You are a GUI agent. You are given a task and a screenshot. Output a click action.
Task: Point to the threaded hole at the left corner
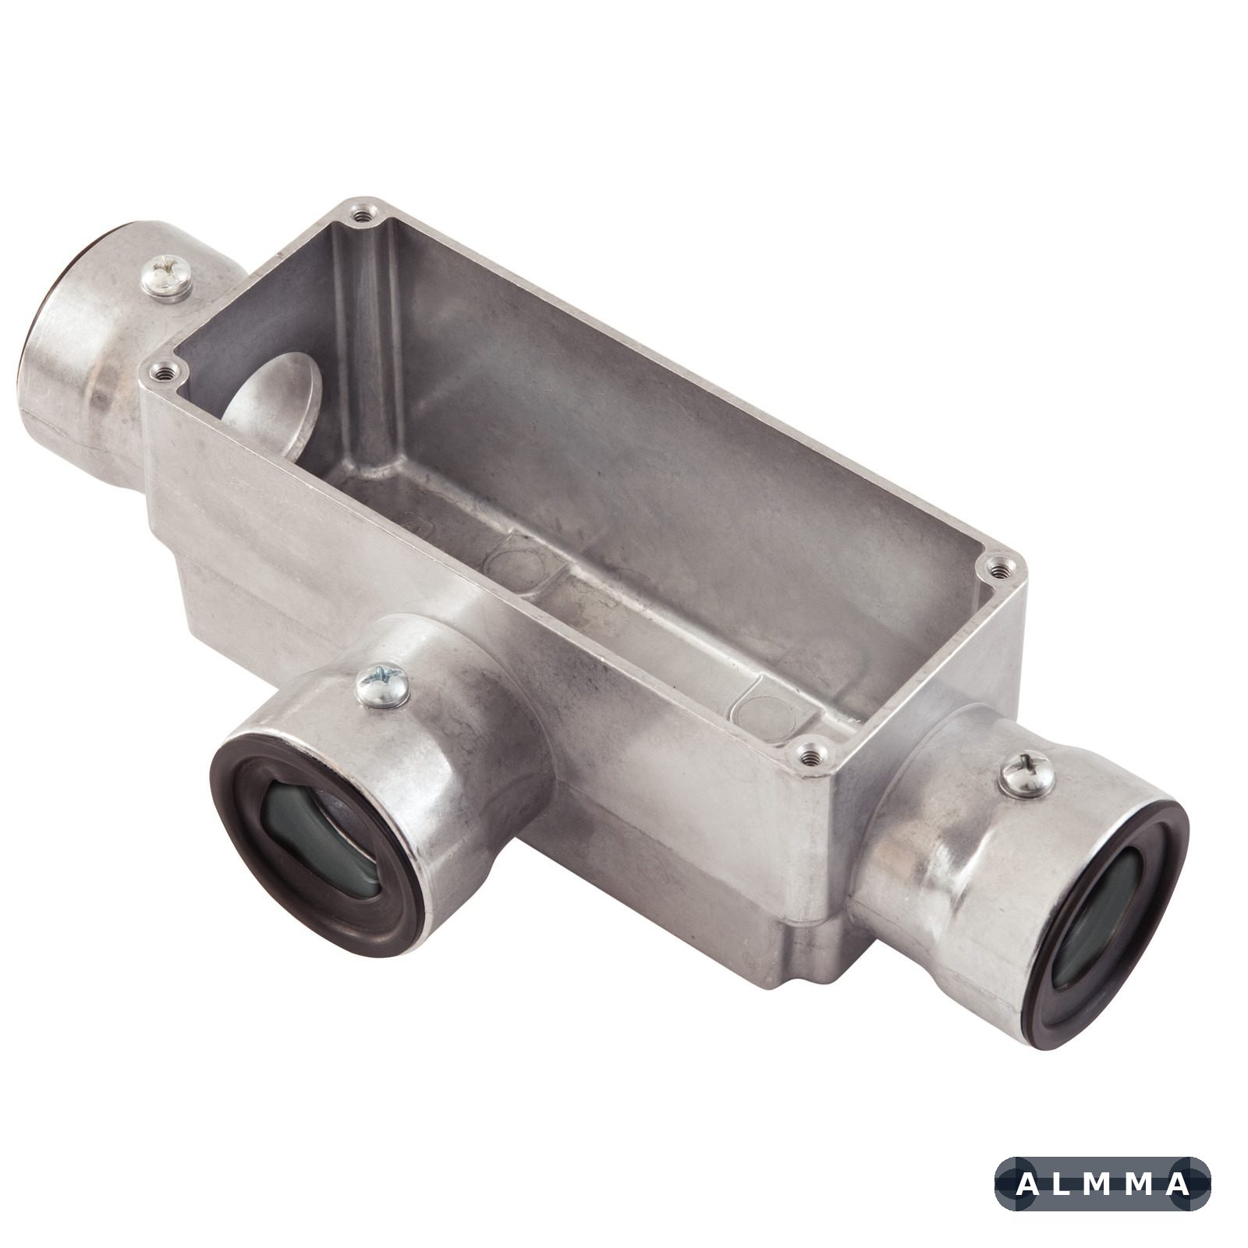click(x=164, y=373)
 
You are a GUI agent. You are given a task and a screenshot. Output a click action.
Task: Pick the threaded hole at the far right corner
click(x=1000, y=569)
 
